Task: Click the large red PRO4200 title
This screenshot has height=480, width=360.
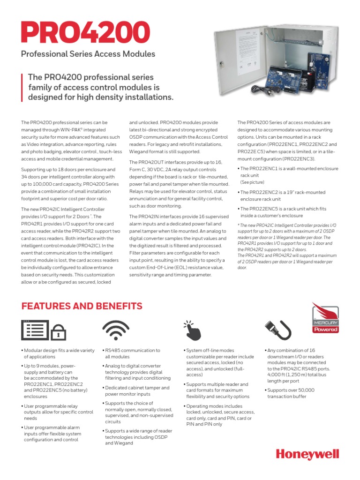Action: click(x=85, y=32)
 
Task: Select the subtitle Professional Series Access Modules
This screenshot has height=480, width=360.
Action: click(x=88, y=54)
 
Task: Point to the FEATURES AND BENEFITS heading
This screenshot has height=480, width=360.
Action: click(x=82, y=306)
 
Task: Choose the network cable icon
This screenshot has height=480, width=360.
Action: click(x=278, y=330)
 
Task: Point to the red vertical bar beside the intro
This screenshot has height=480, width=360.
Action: click(x=22, y=87)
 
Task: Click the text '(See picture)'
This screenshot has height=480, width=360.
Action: click(x=252, y=182)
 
